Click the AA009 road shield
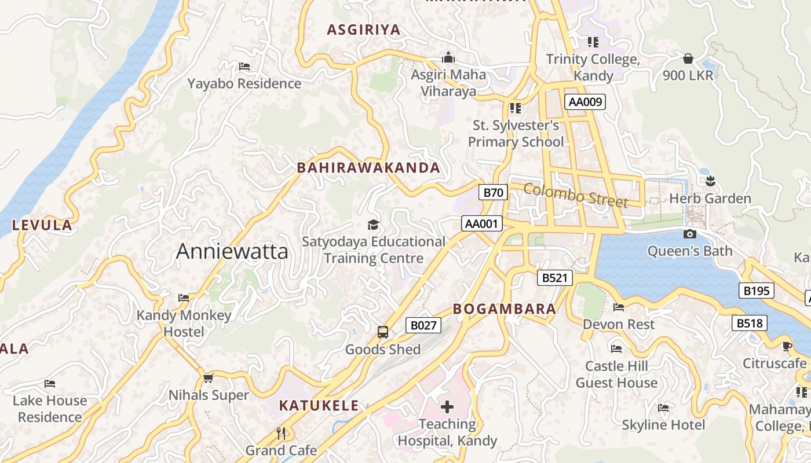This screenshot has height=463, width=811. click(x=585, y=102)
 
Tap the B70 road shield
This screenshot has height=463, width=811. click(x=493, y=193)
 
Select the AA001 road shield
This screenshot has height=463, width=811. click(x=482, y=223)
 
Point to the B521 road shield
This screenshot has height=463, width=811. click(x=554, y=278)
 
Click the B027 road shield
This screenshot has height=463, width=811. click(x=423, y=325)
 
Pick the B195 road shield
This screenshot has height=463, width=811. click(x=756, y=291)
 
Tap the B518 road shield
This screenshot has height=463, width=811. click(x=750, y=323)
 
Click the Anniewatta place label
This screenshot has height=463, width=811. click(x=232, y=251)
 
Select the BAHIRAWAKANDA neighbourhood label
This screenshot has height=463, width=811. click(x=368, y=168)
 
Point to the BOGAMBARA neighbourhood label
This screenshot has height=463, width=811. click(x=505, y=309)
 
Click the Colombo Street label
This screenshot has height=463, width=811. click(x=576, y=195)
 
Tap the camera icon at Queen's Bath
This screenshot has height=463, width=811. click(x=689, y=234)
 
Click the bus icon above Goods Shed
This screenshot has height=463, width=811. click(x=382, y=332)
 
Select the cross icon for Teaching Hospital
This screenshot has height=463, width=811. click(x=447, y=407)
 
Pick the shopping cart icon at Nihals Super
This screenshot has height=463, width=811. click(x=208, y=378)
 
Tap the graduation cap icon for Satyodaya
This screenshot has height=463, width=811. click(x=373, y=225)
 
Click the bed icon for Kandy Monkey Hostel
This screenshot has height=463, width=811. click(x=184, y=298)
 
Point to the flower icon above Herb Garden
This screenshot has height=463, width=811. click(x=710, y=181)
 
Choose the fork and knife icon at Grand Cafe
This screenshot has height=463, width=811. click(x=281, y=433)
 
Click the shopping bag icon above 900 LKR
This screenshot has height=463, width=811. click(x=688, y=58)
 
